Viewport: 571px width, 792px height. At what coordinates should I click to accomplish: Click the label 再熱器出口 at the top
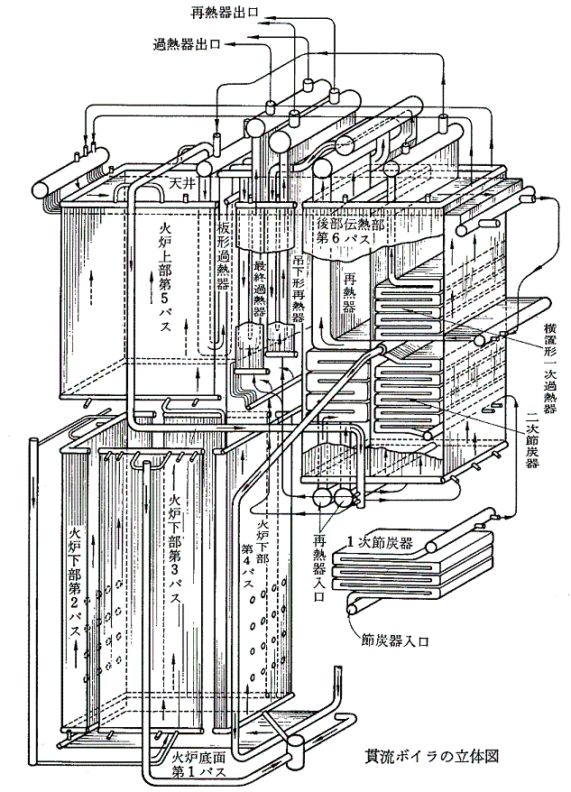226,11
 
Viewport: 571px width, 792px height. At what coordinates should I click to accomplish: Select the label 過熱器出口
184,42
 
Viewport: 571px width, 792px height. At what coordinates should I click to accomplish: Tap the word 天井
182,183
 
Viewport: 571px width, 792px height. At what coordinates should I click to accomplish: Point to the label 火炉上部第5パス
163,271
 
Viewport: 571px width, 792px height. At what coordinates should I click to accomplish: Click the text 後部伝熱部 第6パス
352,231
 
